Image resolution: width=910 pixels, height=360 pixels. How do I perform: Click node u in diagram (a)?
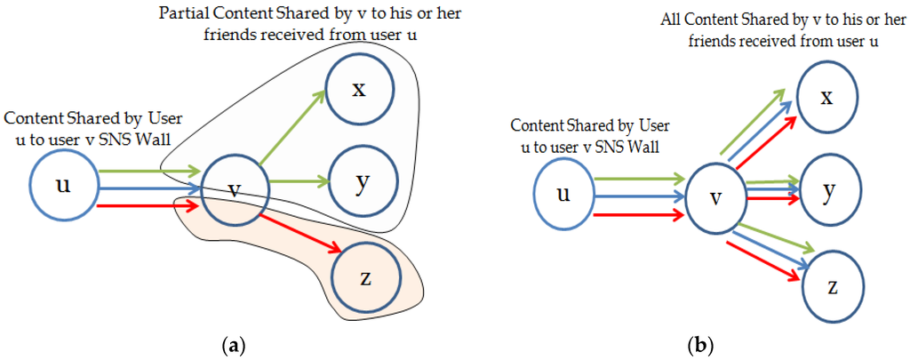coord(63,186)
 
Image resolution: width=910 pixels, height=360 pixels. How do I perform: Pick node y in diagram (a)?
coord(361,183)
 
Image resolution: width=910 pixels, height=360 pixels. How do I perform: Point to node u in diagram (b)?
coord(563,194)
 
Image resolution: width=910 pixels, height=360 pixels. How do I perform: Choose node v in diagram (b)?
coord(714,197)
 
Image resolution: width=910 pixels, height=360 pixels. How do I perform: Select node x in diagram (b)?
coord(826,96)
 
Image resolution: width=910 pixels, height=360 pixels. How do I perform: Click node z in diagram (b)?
coord(832,286)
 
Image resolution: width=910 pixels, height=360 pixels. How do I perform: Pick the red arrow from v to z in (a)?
coord(302,234)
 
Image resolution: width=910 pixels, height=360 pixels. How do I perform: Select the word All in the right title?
coord(670,20)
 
